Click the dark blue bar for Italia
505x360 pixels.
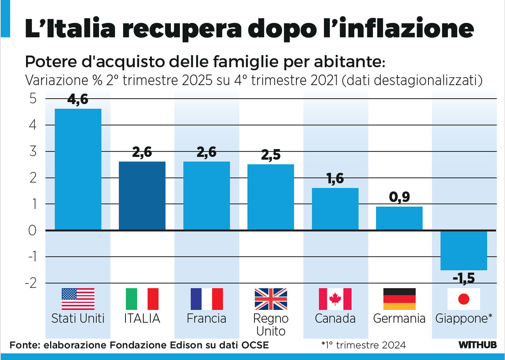click(142, 196)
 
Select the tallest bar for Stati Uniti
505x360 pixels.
click(78, 169)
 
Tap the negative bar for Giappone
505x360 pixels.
click(464, 250)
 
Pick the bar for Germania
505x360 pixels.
click(399, 218)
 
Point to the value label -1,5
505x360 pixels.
click(464, 278)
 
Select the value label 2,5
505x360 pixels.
click(271, 155)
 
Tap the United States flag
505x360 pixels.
click(78, 298)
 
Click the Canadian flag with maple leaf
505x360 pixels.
click(335, 298)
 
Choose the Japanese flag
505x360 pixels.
click(464, 298)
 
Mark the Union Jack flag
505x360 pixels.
click(271, 298)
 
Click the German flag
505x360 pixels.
click(399, 298)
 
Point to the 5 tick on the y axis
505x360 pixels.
click(32, 99)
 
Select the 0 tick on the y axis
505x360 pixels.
click(32, 230)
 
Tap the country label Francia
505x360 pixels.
click(206, 319)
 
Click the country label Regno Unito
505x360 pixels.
click(271, 325)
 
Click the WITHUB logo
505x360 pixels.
click(477, 345)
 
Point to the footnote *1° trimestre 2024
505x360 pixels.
click(363, 345)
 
